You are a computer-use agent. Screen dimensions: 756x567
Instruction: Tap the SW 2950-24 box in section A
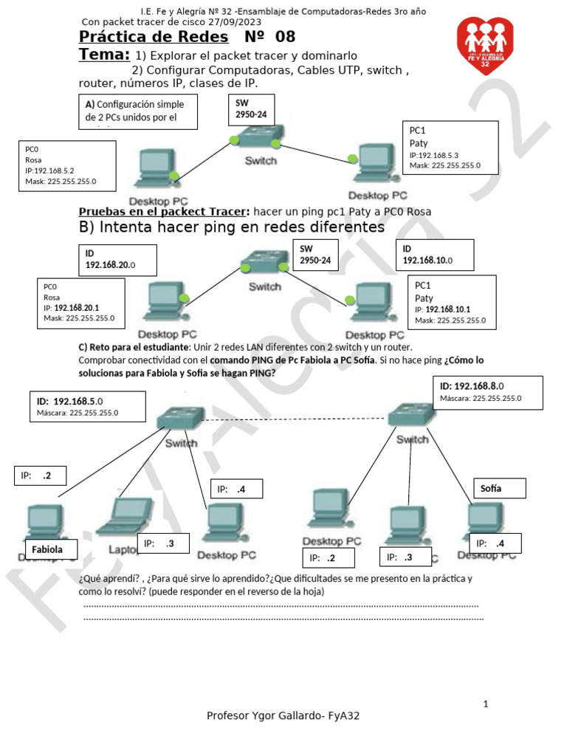[x=251, y=110]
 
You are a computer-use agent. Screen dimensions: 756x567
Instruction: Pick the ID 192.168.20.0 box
[x=117, y=260]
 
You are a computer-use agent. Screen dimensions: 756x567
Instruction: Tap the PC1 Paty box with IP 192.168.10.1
[x=451, y=302]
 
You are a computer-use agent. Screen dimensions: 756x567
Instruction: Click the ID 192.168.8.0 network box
[x=488, y=392]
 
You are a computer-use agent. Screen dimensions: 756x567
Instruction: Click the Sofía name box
[x=499, y=488]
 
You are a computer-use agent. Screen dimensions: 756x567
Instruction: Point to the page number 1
[x=486, y=704]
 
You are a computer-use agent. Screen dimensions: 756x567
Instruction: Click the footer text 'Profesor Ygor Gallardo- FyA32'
[x=283, y=715]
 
